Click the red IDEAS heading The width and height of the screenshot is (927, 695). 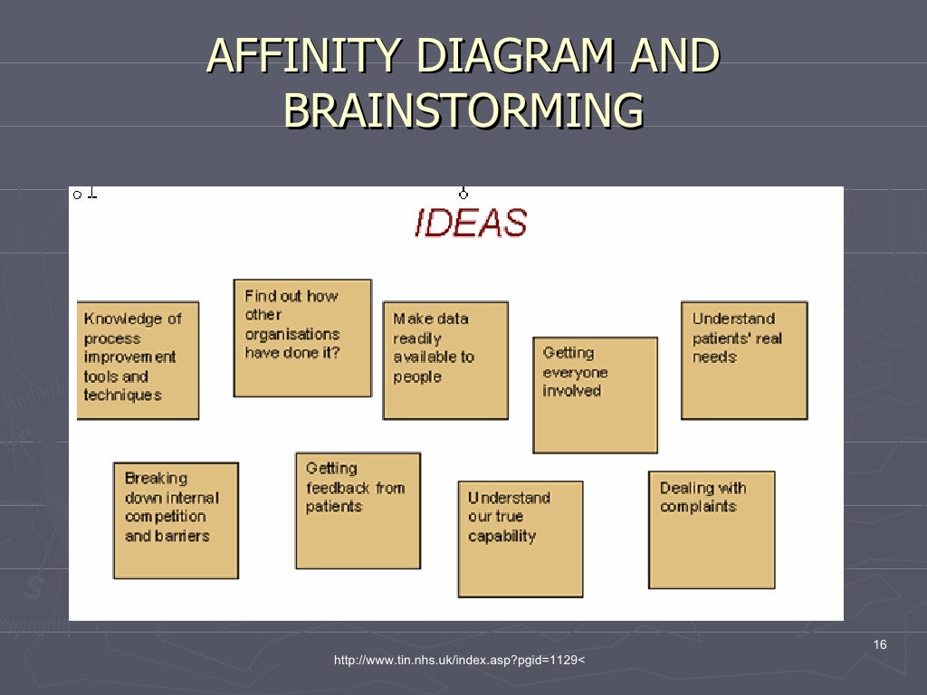pos(470,223)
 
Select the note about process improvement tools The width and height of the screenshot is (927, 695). pos(138,360)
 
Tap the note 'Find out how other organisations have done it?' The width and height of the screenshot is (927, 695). pos(302,338)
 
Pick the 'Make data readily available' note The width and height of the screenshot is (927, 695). pos(445,360)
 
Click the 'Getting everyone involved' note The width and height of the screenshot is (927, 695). pos(595,395)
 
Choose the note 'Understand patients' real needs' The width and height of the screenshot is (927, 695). pos(743,360)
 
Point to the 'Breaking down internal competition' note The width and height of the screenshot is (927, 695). pos(176,520)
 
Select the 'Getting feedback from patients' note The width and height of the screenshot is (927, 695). pos(358,510)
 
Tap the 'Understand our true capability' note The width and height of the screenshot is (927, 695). pos(521,538)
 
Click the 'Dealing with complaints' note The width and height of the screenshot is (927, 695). pos(712,529)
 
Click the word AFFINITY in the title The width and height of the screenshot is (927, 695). pos(300,57)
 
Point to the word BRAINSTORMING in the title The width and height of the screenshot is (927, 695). pos(463,110)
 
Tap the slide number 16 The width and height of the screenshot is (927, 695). pos(880,644)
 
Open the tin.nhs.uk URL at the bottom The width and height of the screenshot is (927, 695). pos(459,661)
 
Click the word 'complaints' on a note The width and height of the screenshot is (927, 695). pos(698,507)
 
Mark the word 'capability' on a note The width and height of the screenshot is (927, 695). pos(502,536)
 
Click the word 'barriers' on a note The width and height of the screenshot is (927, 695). pos(179,536)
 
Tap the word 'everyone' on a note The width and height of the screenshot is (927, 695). pos(575,372)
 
